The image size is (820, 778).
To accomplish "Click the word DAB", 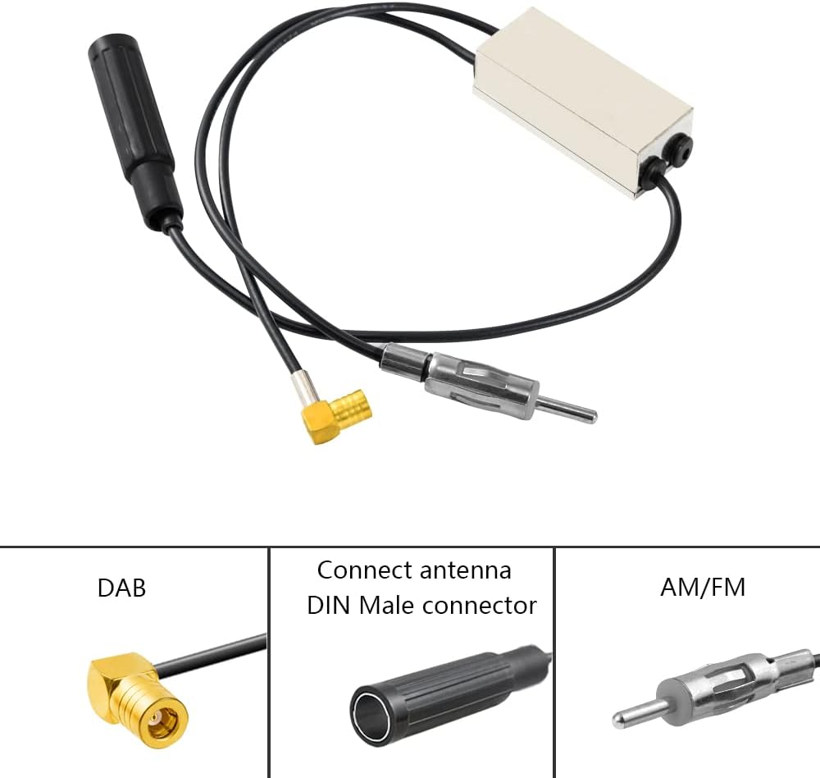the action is click(x=121, y=588).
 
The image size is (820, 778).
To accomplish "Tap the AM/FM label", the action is click(x=703, y=588).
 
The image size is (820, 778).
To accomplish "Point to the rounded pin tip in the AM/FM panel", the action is click(x=619, y=719).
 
